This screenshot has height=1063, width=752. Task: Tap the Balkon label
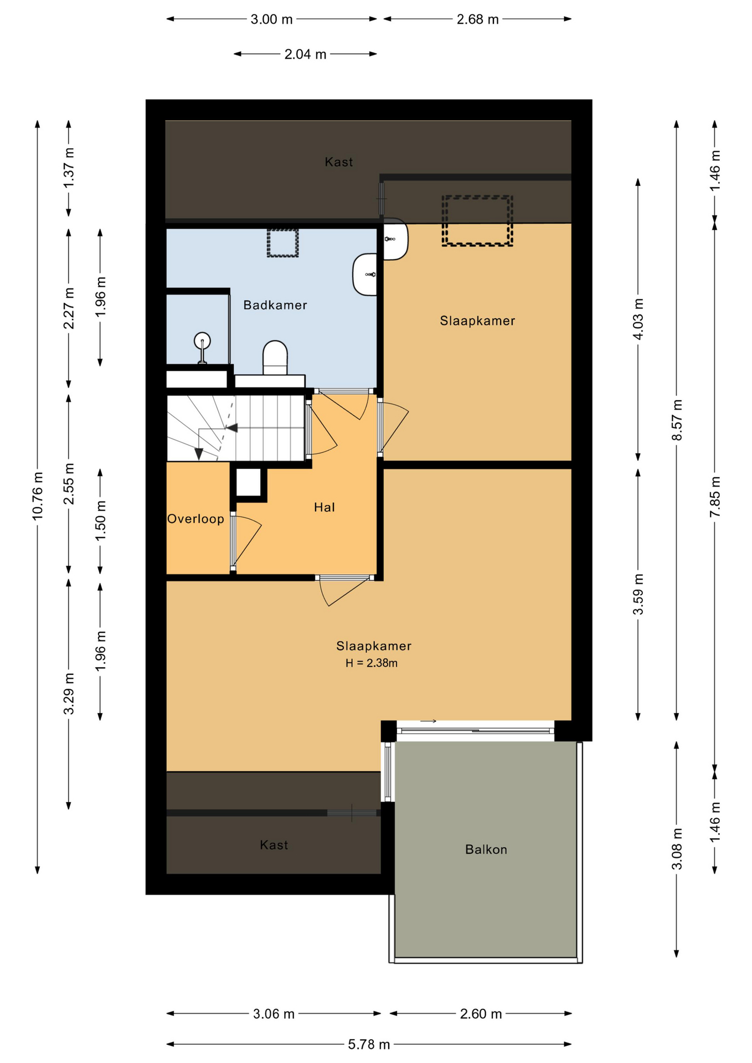pyautogui.click(x=486, y=849)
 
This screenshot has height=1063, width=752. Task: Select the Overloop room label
pyautogui.click(x=195, y=519)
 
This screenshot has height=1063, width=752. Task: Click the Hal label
pyautogui.click(x=325, y=507)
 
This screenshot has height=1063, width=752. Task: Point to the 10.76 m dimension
pyautogui.click(x=38, y=496)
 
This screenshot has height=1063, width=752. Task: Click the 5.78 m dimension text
pyautogui.click(x=369, y=1044)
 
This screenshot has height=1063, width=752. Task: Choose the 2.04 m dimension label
pyautogui.click(x=306, y=54)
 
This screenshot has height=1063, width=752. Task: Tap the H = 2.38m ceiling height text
pyautogui.click(x=372, y=663)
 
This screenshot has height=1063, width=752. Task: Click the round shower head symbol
pyautogui.click(x=202, y=339)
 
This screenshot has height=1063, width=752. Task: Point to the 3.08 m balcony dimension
pyautogui.click(x=677, y=849)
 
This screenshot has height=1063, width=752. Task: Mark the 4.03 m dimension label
pyautogui.click(x=638, y=319)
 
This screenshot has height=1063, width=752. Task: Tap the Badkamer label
pyautogui.click(x=275, y=305)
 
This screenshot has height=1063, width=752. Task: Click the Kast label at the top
pyautogui.click(x=339, y=162)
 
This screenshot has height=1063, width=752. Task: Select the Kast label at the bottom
pyautogui.click(x=274, y=845)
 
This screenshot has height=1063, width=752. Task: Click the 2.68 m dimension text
pyautogui.click(x=478, y=19)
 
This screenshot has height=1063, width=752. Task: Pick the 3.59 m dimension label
pyautogui.click(x=638, y=594)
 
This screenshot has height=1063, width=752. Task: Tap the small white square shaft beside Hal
pyautogui.click(x=249, y=483)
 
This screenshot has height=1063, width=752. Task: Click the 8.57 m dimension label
pyautogui.click(x=677, y=420)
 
